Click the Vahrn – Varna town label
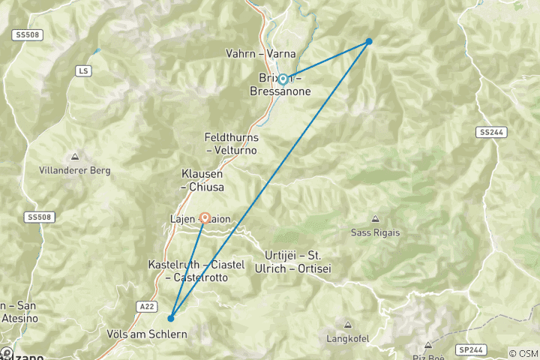[260, 54]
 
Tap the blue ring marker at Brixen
[283, 79]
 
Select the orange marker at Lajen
[205, 217]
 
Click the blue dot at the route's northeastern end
[369, 41]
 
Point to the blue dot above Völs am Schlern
[171, 318]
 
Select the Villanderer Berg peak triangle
[74, 157]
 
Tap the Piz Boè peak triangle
[427, 346]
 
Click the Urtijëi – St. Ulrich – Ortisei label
[298, 262]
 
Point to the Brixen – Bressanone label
[280, 85]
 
